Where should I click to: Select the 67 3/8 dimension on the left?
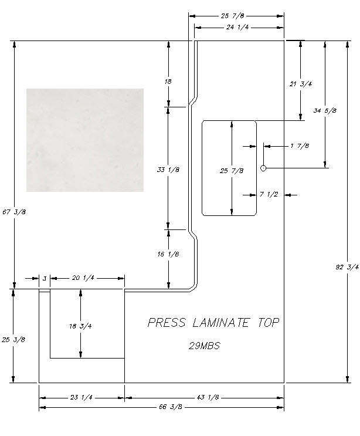click(14, 212)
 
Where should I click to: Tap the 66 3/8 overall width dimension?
click(171, 407)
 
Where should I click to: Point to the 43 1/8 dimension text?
click(208, 397)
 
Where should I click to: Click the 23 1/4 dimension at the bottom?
click(81, 397)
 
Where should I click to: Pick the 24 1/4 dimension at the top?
click(237, 27)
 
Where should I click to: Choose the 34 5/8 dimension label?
click(325, 110)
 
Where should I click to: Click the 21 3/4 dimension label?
click(301, 84)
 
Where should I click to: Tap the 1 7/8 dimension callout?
click(300, 146)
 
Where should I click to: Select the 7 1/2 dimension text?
click(269, 194)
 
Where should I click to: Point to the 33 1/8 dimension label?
click(168, 170)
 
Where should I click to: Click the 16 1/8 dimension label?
click(168, 254)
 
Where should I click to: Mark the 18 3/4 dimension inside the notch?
click(80, 326)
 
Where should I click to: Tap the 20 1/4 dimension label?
click(83, 278)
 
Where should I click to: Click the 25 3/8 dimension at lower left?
click(13, 340)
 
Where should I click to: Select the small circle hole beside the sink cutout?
click(263, 168)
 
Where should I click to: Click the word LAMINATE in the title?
click(220, 323)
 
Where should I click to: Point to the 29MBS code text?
click(205, 346)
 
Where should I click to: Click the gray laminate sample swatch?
click(85, 140)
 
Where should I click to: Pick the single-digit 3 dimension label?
click(45, 278)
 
